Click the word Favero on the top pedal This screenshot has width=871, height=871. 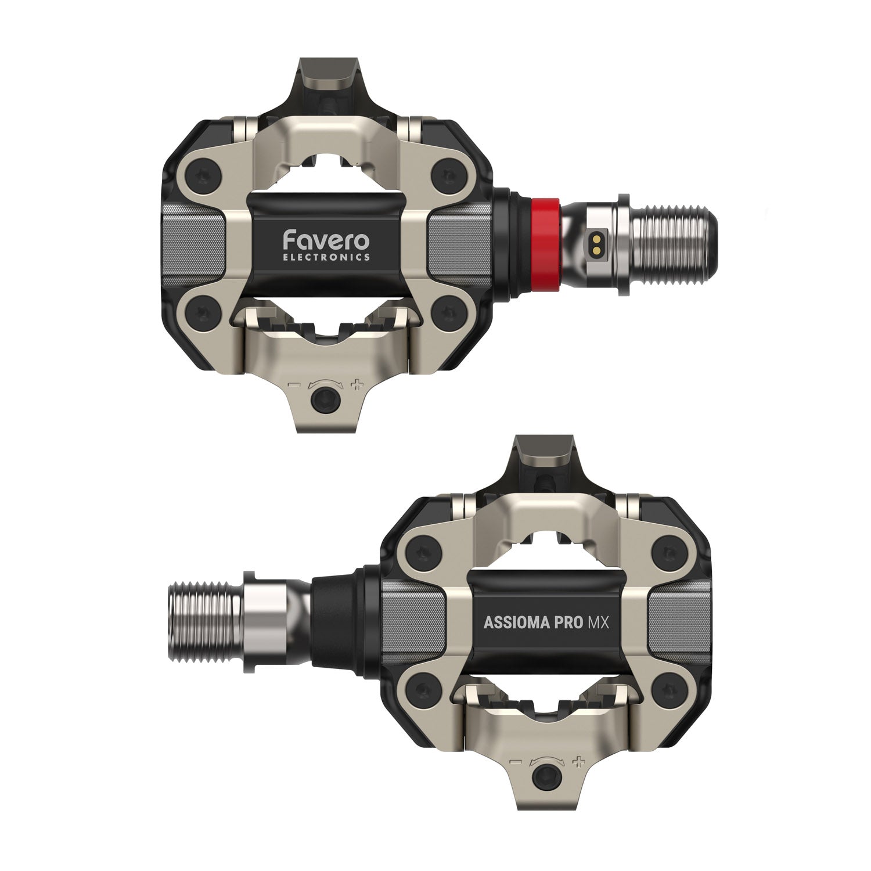click(x=326, y=240)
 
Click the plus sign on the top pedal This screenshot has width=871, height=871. click(x=357, y=384)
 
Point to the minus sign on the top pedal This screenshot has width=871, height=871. click(x=294, y=384)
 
